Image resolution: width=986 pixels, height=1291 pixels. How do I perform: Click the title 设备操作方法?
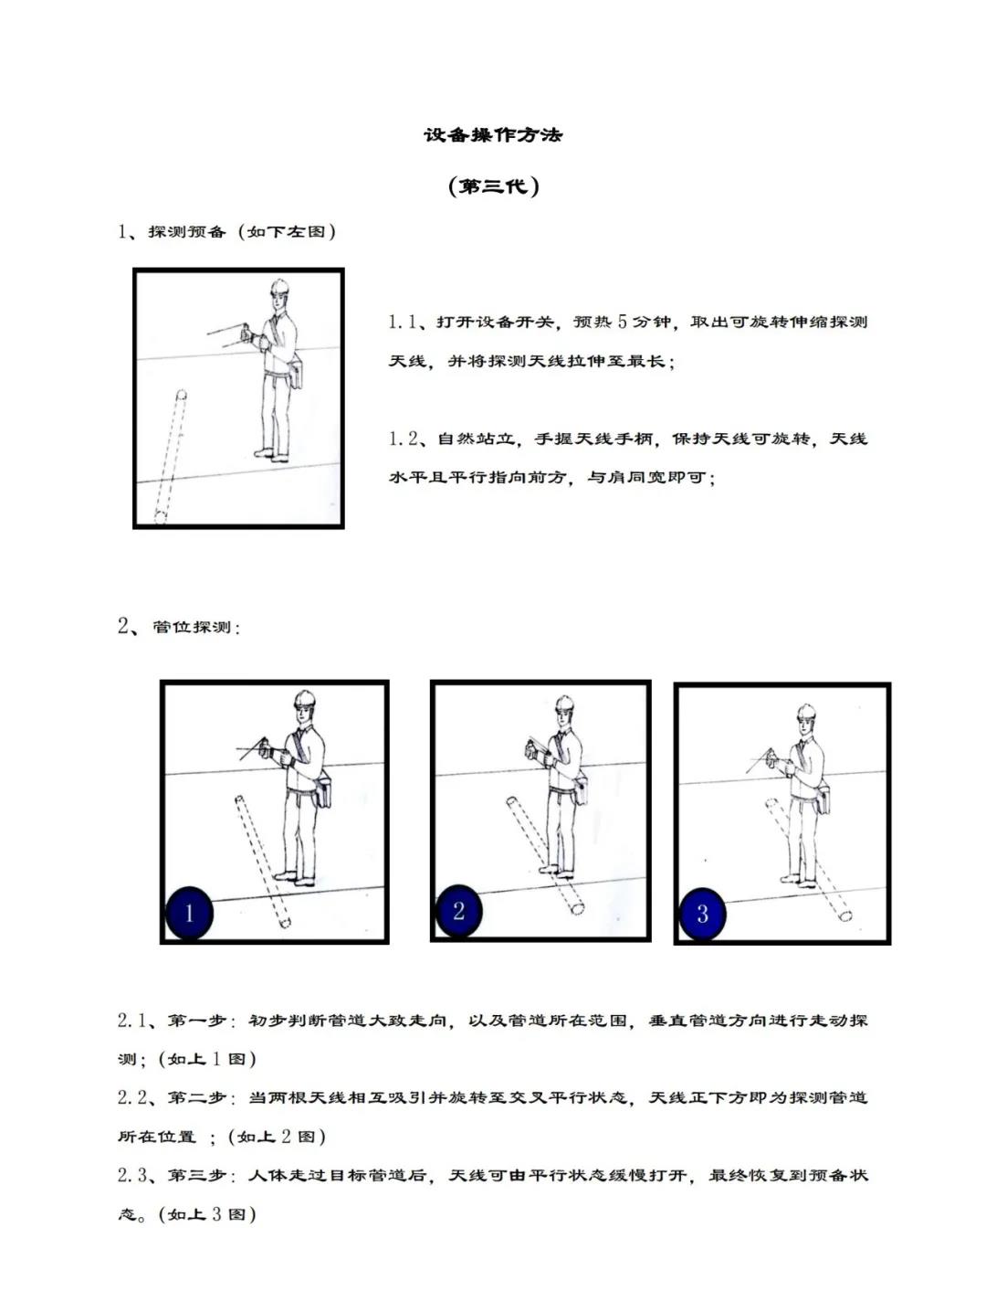(493, 135)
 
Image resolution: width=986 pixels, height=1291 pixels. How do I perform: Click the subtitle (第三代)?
(493, 186)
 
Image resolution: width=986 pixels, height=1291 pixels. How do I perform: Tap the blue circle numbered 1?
(189, 912)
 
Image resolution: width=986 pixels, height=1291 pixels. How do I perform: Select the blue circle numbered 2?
(458, 910)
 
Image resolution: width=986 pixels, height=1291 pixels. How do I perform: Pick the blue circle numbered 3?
(702, 913)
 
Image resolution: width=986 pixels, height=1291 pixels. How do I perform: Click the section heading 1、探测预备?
(226, 231)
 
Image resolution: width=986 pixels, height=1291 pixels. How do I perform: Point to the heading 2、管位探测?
(179, 627)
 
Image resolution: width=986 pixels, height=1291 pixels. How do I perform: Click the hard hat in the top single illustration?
(279, 288)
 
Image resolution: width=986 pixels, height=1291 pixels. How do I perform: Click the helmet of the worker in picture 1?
(305, 701)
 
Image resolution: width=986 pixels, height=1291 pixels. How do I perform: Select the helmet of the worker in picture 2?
(565, 703)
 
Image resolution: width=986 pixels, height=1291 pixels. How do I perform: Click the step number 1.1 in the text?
(403, 322)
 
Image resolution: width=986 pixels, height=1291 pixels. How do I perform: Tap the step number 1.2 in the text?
(403, 439)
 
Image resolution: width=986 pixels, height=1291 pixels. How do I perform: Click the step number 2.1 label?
(131, 1020)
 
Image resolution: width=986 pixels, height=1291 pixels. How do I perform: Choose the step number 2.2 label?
(131, 1097)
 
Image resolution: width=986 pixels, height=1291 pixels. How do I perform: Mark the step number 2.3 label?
(131, 1175)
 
